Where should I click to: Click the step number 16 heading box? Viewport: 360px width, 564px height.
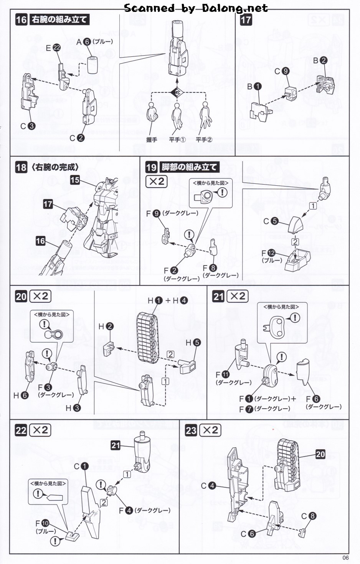tap(21, 20)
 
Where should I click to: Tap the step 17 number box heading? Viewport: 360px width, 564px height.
tap(246, 20)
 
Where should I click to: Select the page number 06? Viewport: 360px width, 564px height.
tap(345, 557)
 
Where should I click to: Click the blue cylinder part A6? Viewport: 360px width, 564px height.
tap(92, 64)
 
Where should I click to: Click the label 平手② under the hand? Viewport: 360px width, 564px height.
tap(204, 140)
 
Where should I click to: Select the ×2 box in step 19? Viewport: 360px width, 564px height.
tap(157, 181)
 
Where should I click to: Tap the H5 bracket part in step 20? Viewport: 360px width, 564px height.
tap(188, 366)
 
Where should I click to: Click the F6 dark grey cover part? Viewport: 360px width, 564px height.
tap(306, 372)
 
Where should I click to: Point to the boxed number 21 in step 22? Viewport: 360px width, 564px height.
tap(116, 445)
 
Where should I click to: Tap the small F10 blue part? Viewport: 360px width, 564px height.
tap(73, 536)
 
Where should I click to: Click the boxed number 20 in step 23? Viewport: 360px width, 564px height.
tap(320, 454)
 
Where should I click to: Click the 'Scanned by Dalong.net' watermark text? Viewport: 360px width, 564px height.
tap(196, 8)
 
